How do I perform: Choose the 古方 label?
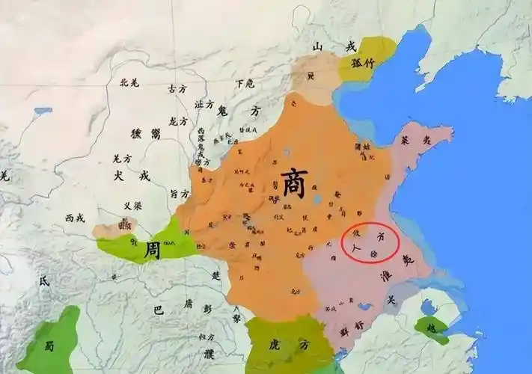click(x=177, y=88)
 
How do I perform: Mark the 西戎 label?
click(x=74, y=218)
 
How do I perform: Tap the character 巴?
click(x=158, y=309)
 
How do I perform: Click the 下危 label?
click(x=244, y=84)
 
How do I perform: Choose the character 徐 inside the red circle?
click(x=373, y=254)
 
